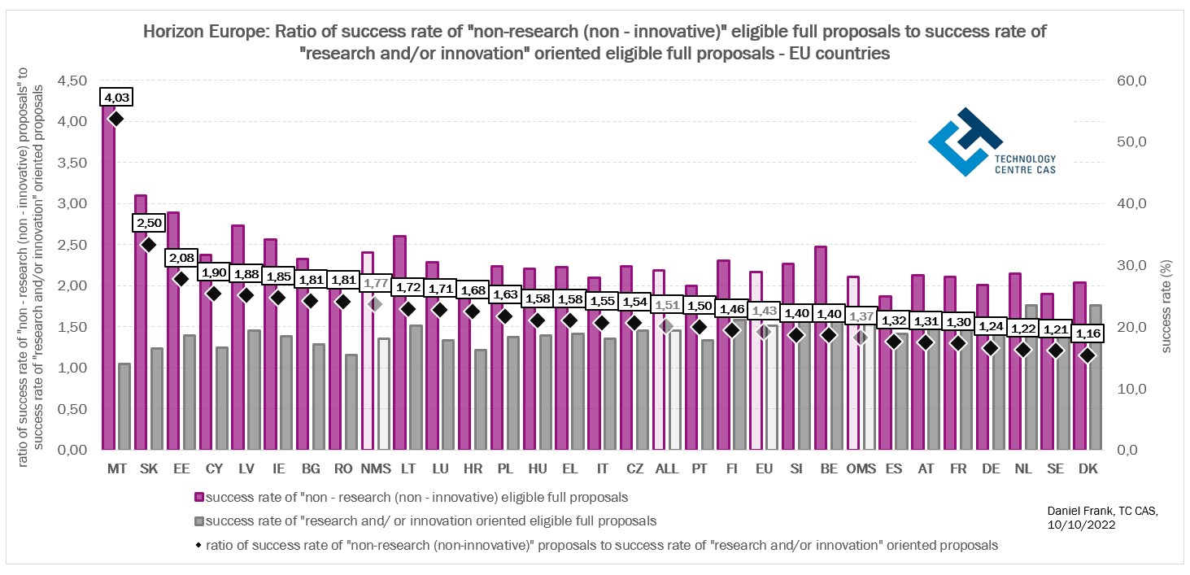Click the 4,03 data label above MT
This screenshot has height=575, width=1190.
tap(116, 98)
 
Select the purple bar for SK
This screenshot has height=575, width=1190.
tap(141, 325)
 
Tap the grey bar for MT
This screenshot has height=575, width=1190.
tap(124, 406)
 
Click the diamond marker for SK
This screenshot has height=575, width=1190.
tap(148, 244)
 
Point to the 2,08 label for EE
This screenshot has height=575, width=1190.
tap(181, 258)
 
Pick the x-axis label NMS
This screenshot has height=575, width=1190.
tap(375, 469)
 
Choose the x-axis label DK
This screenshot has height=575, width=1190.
tap(1088, 469)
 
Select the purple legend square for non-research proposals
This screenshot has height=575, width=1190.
tap(199, 497)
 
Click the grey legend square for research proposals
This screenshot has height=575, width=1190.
tap(199, 521)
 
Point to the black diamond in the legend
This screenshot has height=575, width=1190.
tap(199, 544)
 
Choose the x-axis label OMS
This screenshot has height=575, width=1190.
tap(861, 469)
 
